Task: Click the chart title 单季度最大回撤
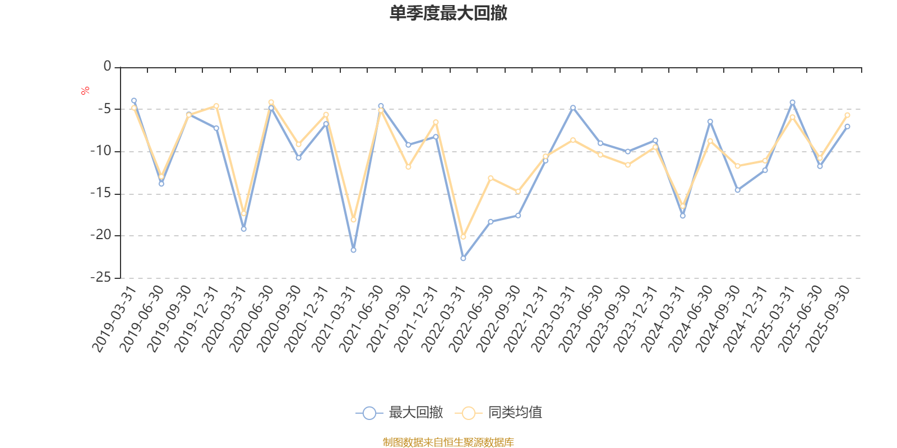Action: (x=449, y=13)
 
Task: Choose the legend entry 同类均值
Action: (x=498, y=413)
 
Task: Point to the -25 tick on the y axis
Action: (x=101, y=277)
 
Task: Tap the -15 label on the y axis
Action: (x=101, y=193)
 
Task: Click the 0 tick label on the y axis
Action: (x=108, y=67)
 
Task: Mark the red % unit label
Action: (x=85, y=90)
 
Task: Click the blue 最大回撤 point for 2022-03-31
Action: (x=463, y=258)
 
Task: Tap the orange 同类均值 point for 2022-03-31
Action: (x=463, y=237)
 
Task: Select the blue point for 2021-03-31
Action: (x=353, y=250)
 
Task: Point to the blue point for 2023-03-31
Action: (x=573, y=107)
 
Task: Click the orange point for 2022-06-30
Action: (x=491, y=178)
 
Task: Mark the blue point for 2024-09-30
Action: (x=737, y=190)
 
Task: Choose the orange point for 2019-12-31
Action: (x=216, y=106)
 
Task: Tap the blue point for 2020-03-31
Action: (x=243, y=229)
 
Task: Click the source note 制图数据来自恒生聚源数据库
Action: (x=449, y=442)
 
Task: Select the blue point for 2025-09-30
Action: (x=847, y=126)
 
